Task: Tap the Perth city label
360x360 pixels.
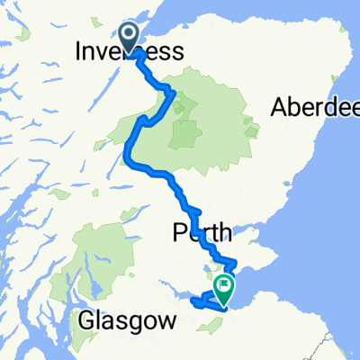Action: [x=202, y=233]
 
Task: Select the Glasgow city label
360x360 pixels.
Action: [x=125, y=319]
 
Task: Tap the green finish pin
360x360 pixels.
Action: [x=221, y=289]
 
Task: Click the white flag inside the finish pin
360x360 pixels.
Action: [x=221, y=286]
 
